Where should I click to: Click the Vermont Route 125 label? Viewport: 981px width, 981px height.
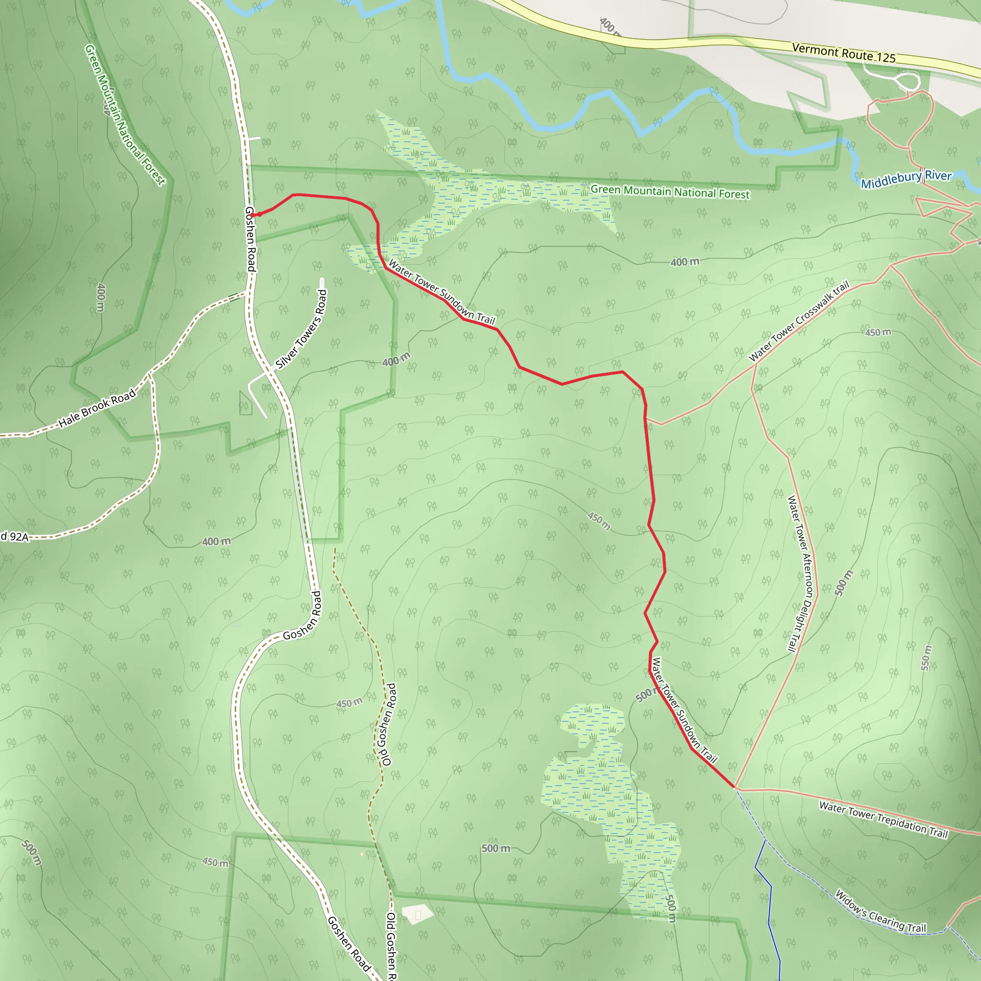pyautogui.click(x=844, y=53)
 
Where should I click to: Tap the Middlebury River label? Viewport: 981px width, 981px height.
pyautogui.click(x=906, y=179)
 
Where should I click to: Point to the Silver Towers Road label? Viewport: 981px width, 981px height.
pyautogui.click(x=302, y=329)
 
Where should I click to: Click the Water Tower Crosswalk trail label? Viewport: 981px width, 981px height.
pyautogui.click(x=798, y=321)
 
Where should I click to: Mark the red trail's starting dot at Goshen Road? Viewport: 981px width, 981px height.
pyautogui.click(x=252, y=215)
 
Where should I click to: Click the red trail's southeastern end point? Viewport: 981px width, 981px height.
pyautogui.click(x=734, y=787)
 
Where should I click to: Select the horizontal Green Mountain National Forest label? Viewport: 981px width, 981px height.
pyautogui.click(x=670, y=192)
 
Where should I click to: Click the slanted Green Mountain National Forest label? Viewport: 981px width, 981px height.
pyautogui.click(x=125, y=115)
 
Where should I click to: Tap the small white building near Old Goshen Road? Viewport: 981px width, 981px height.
pyautogui.click(x=417, y=914)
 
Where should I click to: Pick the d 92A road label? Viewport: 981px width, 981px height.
pyautogui.click(x=14, y=536)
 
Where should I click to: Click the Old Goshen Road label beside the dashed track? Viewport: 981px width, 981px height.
pyautogui.click(x=387, y=724)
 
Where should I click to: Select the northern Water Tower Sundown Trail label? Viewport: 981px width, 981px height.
pyautogui.click(x=441, y=293)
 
